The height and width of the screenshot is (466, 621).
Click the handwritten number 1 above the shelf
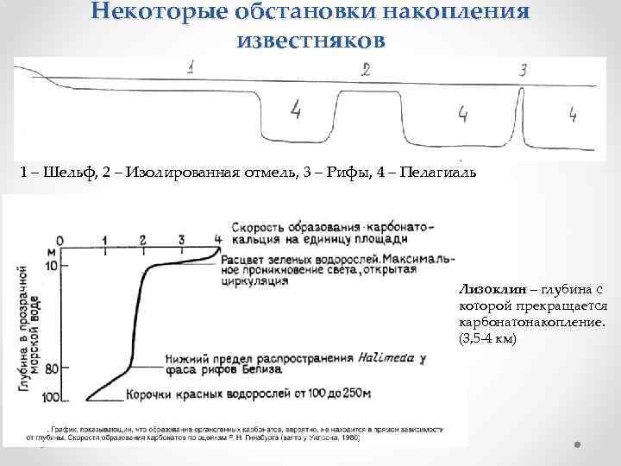(191, 66)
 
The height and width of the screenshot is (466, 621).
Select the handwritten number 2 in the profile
(367, 70)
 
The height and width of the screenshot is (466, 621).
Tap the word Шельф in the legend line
(66, 173)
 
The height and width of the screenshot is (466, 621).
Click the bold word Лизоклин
(489, 290)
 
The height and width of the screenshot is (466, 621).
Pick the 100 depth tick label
(50, 396)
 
